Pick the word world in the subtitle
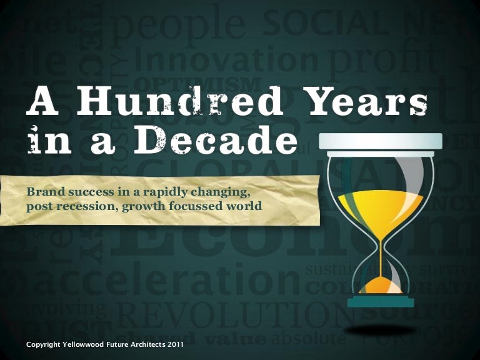tap(243, 204)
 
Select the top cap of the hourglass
tap(380, 141)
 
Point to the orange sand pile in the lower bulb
tap(379, 286)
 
